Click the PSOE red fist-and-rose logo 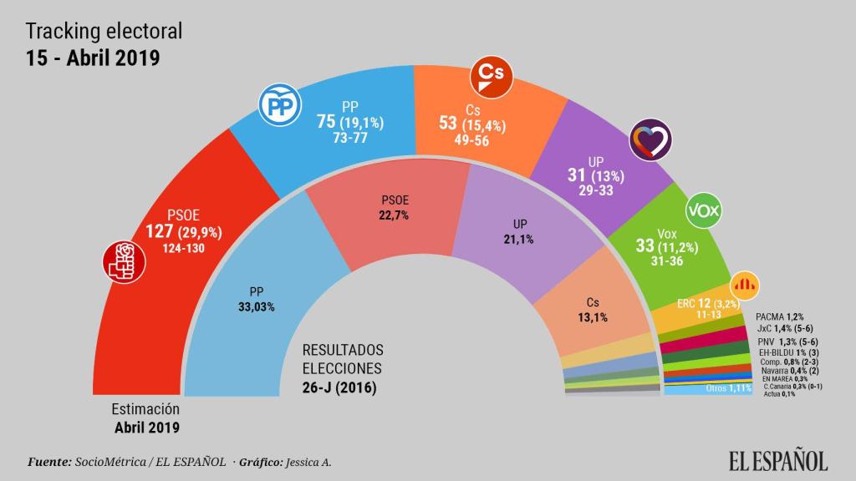(124, 261)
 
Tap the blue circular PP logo (282, 105)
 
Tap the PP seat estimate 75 (326, 122)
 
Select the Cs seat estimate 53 (447, 123)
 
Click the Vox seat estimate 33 (645, 246)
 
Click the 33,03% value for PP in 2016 (257, 306)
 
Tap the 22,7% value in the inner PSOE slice (395, 215)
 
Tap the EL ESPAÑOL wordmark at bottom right (777, 460)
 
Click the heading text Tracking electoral (104, 32)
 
